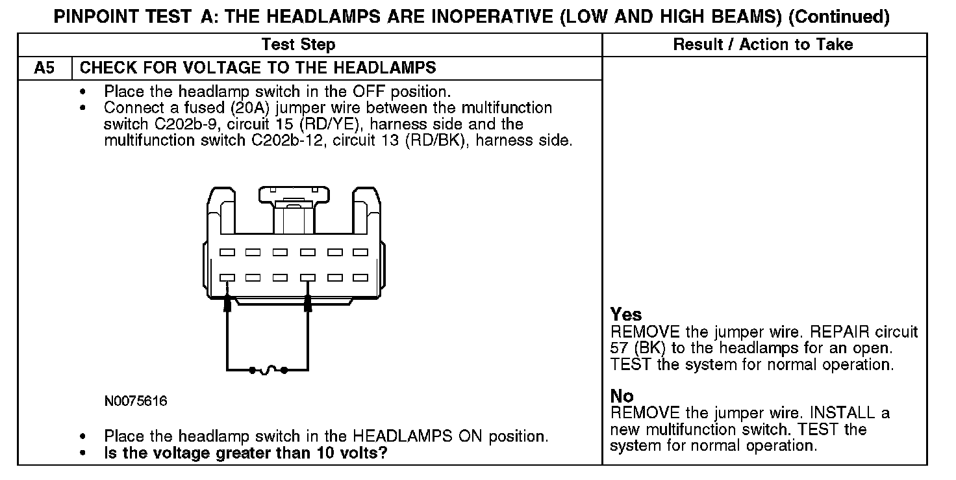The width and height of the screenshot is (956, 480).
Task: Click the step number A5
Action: pos(44,68)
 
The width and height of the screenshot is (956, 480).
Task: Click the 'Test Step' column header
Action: pos(298,44)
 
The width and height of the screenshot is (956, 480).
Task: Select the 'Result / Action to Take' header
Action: pos(763,44)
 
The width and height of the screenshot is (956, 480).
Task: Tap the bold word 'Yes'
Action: pos(626,315)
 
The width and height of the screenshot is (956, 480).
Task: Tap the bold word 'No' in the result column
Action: pos(622,396)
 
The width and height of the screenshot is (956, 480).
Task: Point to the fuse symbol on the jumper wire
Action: pos(268,371)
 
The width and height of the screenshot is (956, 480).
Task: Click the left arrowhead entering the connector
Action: pos(227,302)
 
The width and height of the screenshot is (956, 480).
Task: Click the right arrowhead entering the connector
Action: pos(308,302)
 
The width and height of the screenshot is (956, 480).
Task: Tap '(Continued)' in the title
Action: pos(838,17)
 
